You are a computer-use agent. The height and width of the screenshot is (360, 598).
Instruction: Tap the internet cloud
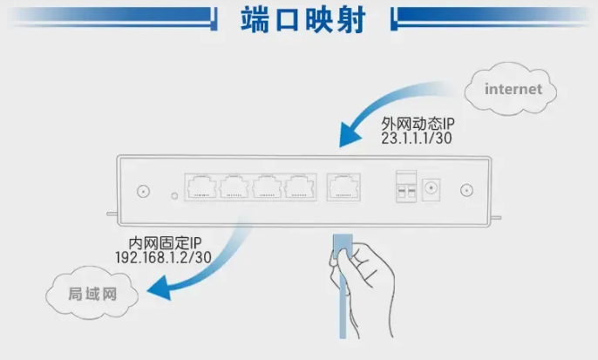pyautogui.click(x=513, y=89)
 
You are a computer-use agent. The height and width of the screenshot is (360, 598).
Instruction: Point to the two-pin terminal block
pyautogui.click(x=404, y=187)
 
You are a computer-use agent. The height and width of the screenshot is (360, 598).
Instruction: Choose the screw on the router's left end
pyautogui.click(x=142, y=189)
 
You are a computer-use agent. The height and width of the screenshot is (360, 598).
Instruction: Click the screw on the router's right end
pyautogui.click(x=465, y=189)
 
